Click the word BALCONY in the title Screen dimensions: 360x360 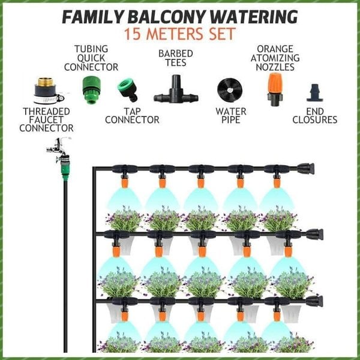coord(181,16)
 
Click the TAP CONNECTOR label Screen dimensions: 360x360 coord(132,115)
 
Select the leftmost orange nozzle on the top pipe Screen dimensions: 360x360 coord(124,180)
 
